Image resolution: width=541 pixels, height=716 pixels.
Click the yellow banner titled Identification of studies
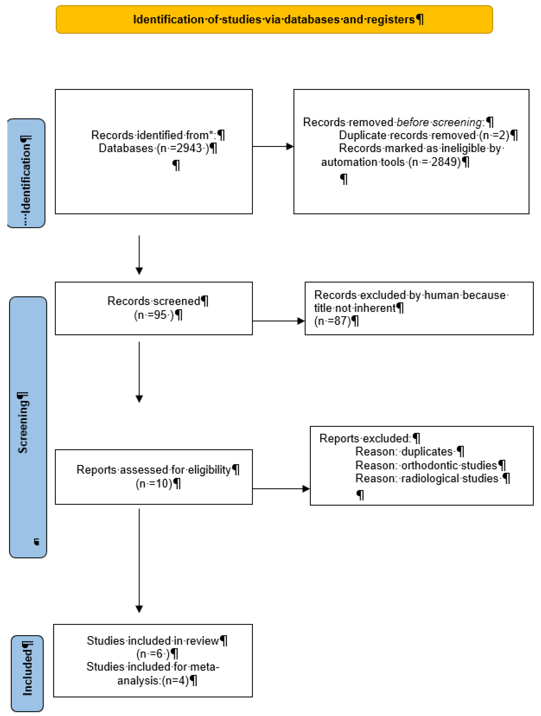(x=274, y=19)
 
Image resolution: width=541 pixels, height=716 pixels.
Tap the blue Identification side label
(x=26, y=173)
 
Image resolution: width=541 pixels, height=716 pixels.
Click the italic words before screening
(x=439, y=122)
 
